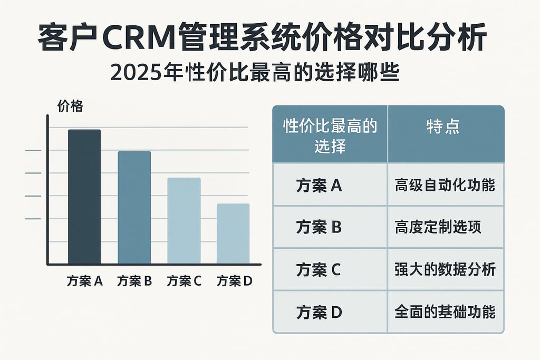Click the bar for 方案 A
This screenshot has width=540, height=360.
[x=84, y=197]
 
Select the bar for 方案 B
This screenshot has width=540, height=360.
[x=134, y=208]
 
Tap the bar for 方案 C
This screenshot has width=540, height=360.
[x=184, y=221]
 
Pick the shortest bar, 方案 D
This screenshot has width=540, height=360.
[x=233, y=233]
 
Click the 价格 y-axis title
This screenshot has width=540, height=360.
[x=70, y=106]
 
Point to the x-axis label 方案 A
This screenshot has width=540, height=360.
[x=84, y=281]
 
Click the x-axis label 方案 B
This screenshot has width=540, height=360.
[x=134, y=281]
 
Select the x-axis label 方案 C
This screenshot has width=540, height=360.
[x=184, y=281]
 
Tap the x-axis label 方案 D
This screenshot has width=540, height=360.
[x=234, y=281]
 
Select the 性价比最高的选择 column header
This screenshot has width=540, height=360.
[x=330, y=135]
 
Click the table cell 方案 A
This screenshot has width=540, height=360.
[x=319, y=186]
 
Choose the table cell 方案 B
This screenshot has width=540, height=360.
[x=319, y=227]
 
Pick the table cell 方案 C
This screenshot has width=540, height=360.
[x=319, y=269]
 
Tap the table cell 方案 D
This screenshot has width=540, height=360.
[x=319, y=312]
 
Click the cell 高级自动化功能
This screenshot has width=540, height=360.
[x=445, y=186]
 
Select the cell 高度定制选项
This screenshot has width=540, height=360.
[x=438, y=227]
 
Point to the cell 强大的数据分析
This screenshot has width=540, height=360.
[x=445, y=269]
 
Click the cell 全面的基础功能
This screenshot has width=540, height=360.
[x=445, y=312]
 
